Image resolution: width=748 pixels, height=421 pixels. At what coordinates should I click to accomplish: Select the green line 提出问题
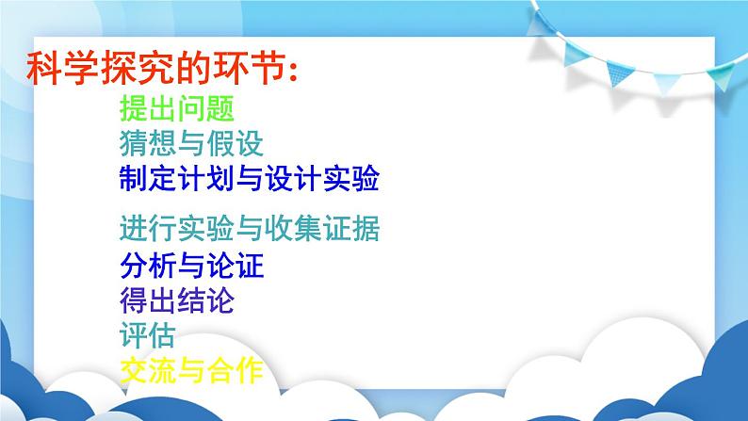(x=177, y=108)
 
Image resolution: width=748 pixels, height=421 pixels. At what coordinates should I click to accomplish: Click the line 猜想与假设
(x=191, y=143)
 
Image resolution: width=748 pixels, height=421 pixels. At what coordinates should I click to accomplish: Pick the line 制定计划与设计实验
(x=250, y=178)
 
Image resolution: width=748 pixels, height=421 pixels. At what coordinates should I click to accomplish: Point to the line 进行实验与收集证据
(x=250, y=228)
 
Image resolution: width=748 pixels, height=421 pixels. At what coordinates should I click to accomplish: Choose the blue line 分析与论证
(x=191, y=265)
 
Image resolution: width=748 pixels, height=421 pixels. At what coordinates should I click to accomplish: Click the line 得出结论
(x=177, y=300)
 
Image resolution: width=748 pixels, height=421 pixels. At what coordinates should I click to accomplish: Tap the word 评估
(x=148, y=335)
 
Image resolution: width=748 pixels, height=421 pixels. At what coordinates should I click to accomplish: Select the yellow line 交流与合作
(x=191, y=370)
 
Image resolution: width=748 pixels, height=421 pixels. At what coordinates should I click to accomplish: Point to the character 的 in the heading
(x=194, y=68)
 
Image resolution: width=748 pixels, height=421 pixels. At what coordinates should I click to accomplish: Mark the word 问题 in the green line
(x=205, y=108)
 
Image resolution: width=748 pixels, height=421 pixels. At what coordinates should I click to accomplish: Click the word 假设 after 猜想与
(x=236, y=143)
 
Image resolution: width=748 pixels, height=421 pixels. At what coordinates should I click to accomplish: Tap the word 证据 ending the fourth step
(x=351, y=228)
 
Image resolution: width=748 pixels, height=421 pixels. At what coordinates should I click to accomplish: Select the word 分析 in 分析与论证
(x=148, y=265)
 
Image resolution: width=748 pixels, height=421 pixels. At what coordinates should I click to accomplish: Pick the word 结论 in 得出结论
(x=205, y=300)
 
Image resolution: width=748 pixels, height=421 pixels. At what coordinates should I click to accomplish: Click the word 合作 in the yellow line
(x=236, y=370)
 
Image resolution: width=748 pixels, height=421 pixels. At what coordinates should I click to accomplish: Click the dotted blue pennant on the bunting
(x=619, y=73)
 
